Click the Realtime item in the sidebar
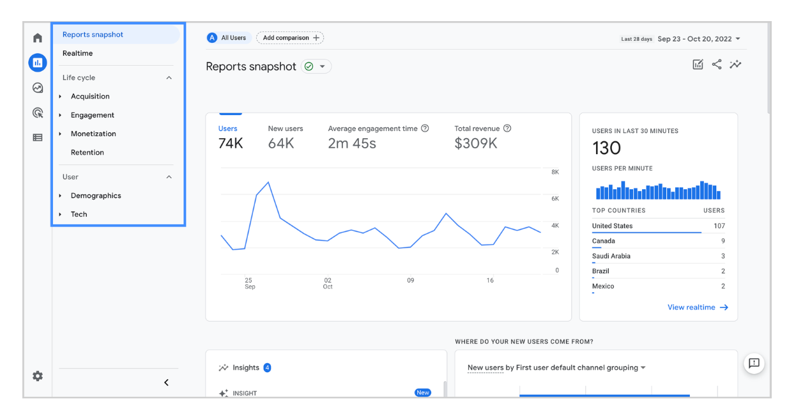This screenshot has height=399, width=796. tap(77, 53)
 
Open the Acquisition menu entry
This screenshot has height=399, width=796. tap(90, 97)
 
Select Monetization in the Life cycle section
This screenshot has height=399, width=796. tap(93, 134)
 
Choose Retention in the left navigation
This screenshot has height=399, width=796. tap(87, 152)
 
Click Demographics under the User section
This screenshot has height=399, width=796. tap(96, 196)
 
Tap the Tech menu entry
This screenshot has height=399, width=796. tap(79, 214)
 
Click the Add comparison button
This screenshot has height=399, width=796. tap(290, 38)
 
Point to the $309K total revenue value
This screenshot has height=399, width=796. tap(475, 144)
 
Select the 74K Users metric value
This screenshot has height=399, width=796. tap(231, 144)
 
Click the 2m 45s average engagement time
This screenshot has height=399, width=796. tap(352, 144)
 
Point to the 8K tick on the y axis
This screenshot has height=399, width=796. tap(555, 172)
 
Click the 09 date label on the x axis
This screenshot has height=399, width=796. tap(410, 280)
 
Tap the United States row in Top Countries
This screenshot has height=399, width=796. tap(612, 226)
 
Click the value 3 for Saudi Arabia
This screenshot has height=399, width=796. tap(723, 256)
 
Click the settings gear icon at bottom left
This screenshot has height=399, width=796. tap(38, 376)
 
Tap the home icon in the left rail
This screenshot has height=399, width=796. tap(38, 38)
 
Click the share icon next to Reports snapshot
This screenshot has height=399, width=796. tap(717, 65)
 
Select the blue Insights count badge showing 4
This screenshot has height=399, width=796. tap(267, 368)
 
